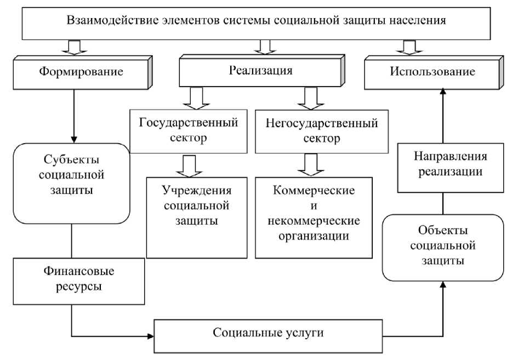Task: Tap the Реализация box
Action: coord(261,71)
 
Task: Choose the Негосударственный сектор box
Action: coord(321,130)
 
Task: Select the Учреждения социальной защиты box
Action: coord(197,205)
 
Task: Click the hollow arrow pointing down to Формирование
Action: coord(73,48)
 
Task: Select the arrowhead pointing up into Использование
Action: coord(443,94)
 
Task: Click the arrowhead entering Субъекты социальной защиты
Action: coord(73,139)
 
